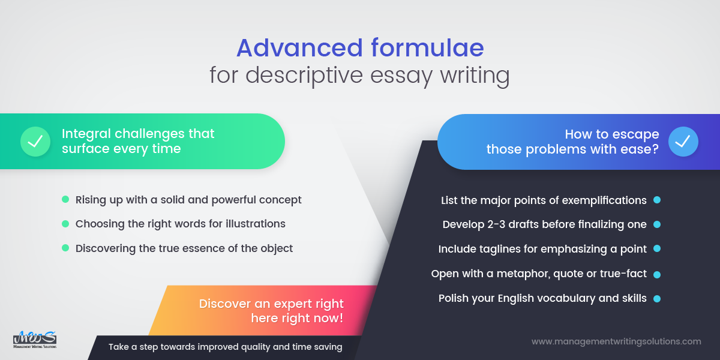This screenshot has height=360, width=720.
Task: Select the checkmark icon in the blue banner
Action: [x=683, y=142]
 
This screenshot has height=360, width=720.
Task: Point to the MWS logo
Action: [x=35, y=339]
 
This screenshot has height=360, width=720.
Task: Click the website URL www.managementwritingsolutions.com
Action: [x=616, y=341]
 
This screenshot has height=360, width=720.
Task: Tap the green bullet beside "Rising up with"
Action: [x=65, y=199]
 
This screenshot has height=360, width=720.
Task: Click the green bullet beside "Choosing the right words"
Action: [x=65, y=224]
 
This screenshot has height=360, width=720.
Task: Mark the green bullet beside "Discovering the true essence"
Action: [x=65, y=248]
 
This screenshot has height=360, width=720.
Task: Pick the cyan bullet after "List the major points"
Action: [x=657, y=200]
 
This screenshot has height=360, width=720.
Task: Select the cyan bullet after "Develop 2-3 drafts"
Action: [x=657, y=224]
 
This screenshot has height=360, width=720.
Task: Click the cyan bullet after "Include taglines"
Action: [x=657, y=248]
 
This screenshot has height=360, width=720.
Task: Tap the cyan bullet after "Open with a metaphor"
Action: [x=657, y=274]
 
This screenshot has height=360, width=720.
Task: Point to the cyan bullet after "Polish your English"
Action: [x=657, y=298]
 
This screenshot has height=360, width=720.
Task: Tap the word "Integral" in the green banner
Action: [x=85, y=133]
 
